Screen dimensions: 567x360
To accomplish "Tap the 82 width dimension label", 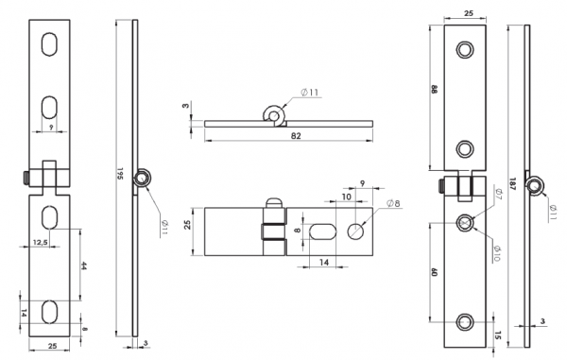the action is (296, 135).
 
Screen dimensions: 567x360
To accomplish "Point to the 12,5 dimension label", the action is (40, 242).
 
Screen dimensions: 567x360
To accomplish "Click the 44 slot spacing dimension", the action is (83, 266).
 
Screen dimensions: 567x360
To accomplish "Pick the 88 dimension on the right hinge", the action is (435, 89).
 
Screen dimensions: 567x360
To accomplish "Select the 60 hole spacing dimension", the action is (435, 272).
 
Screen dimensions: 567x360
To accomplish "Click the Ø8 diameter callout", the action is (393, 203).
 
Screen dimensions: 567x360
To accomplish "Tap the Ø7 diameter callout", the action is (497, 194).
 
